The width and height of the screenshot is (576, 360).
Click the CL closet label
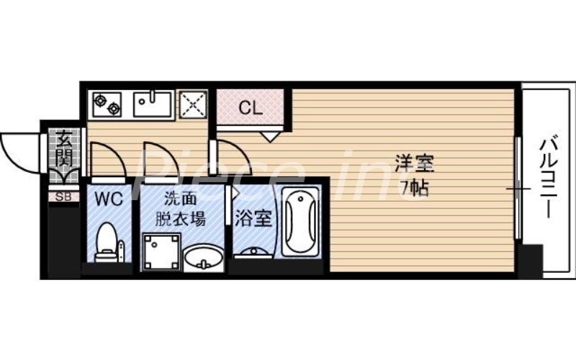250,109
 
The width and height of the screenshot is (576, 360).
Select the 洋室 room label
414,164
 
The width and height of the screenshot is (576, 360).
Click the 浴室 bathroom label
253,218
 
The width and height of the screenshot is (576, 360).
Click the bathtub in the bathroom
298,222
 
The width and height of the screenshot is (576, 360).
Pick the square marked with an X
193,105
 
